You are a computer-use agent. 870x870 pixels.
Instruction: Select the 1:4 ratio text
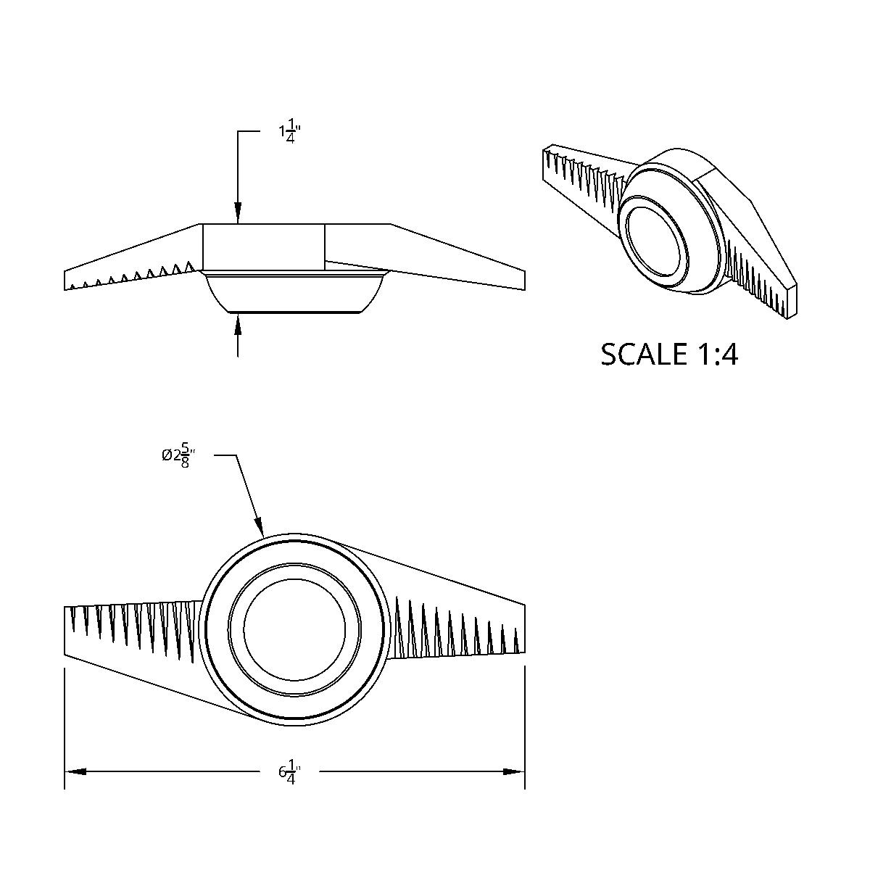coord(716,355)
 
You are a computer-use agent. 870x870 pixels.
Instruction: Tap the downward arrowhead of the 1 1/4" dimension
coord(239,215)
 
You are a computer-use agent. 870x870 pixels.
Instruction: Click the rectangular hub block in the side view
coord(262,247)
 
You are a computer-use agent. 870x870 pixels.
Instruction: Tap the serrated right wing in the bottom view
coord(457,623)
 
